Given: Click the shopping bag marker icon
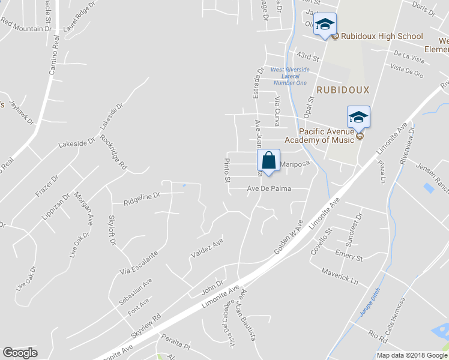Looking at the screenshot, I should [268, 161].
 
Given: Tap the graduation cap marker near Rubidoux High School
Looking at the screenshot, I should [325, 25].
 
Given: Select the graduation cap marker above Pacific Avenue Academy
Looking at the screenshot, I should [358, 117].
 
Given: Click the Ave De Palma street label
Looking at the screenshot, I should [270, 188].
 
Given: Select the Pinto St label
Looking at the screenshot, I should [227, 170].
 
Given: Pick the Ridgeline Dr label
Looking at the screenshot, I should [142, 195].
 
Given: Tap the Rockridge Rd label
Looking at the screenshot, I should [114, 151].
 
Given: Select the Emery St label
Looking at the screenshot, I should [349, 255].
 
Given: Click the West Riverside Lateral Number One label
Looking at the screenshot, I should [289, 76].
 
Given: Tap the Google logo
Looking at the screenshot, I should [20, 353].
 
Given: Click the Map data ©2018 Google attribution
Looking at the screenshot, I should [412, 355].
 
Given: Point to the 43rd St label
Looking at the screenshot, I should [308, 57].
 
